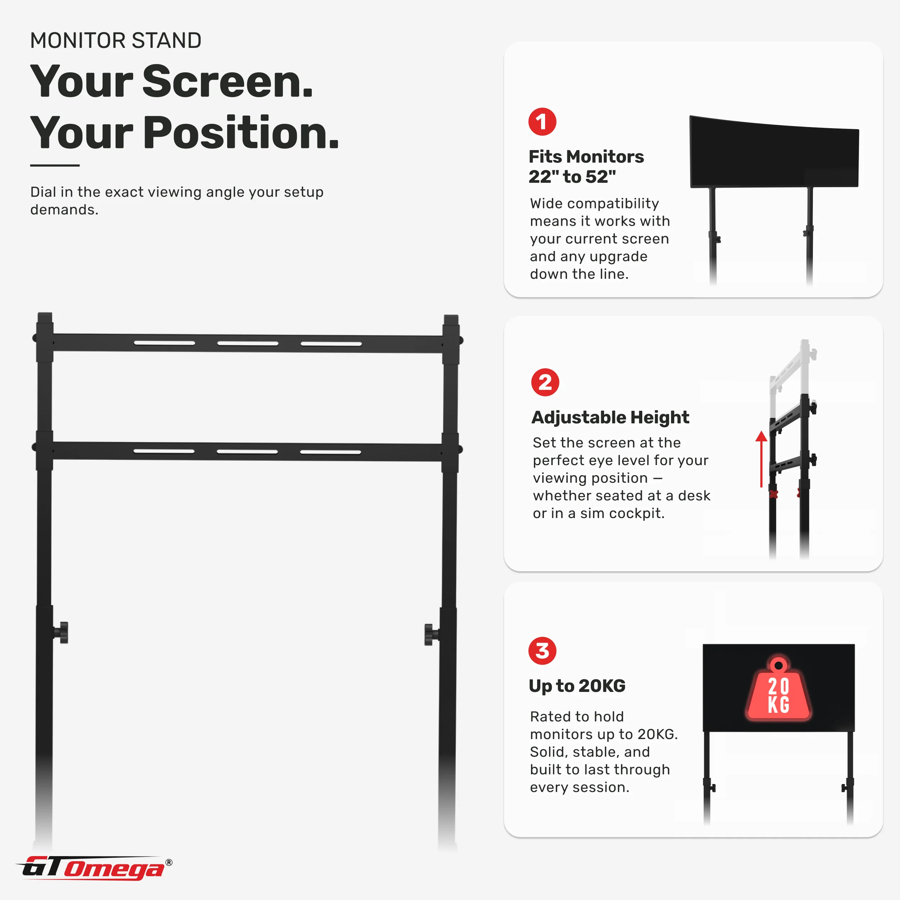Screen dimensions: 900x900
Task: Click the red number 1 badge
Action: click(x=542, y=122)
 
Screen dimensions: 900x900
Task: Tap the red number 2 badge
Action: click(x=545, y=382)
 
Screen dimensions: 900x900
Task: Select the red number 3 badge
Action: click(x=542, y=651)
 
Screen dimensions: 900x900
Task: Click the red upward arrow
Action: click(x=761, y=459)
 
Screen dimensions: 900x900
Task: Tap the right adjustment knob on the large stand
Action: click(x=431, y=634)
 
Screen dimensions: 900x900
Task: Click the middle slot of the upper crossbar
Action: click(x=248, y=343)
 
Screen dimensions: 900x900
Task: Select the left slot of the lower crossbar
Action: click(x=164, y=451)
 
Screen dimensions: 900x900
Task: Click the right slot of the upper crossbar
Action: click(x=331, y=344)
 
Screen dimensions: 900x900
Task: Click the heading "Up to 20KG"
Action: click(x=577, y=686)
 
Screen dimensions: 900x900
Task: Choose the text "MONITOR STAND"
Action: click(x=116, y=41)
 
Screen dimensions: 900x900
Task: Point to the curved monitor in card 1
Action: click(x=774, y=152)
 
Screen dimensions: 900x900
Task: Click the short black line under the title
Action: click(x=55, y=165)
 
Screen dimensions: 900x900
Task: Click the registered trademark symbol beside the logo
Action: click(x=169, y=862)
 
